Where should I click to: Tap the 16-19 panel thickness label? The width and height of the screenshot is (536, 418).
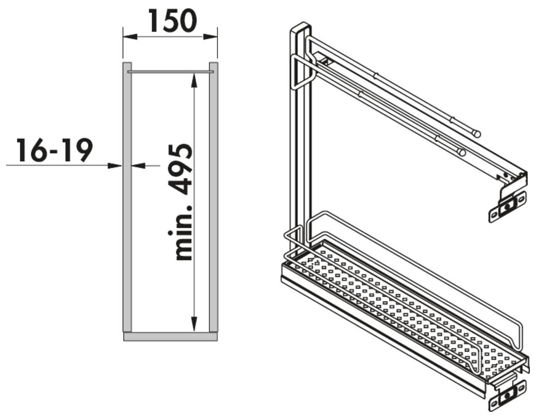[55, 150]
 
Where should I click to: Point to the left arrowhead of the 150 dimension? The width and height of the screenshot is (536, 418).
[130, 37]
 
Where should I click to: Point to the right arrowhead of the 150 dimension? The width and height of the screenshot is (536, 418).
[210, 37]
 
